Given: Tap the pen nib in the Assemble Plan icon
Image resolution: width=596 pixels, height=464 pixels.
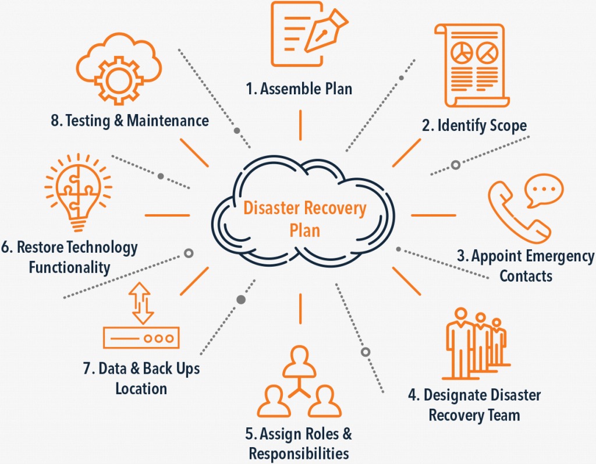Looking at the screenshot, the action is pos(326,30).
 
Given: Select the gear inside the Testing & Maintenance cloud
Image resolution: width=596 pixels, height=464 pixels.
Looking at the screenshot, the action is pos(119,80).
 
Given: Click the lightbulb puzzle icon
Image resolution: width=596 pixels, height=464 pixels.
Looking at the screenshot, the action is pos(79,192).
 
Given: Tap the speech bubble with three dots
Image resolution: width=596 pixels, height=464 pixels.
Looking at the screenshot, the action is pos(544,189).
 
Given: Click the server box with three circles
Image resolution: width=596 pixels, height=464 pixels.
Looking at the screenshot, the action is pos(141,338).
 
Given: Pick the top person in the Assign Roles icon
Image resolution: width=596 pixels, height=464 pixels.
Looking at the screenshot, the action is pos(299,362).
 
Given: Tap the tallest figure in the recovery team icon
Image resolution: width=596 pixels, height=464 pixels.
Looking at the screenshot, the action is pos(461,342).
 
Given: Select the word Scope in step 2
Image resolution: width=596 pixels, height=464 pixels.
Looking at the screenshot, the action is pos(508,126).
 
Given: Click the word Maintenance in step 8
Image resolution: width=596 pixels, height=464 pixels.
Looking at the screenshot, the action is pos(168,121).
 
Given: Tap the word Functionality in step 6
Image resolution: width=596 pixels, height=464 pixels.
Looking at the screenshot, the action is pos(70,267).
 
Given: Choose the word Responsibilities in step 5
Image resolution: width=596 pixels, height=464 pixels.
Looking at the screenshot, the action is pos(299,454).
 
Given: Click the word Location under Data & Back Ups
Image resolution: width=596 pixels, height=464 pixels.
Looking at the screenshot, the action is pos(141,389).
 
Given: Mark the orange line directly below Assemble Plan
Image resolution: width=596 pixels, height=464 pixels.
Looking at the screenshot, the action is pos(300,125).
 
